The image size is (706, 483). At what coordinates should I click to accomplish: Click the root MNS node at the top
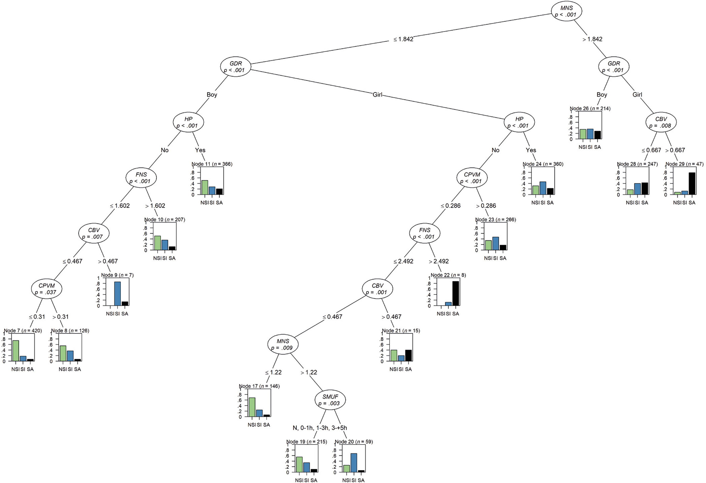pos(566,11)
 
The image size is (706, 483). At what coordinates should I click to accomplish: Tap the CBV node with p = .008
pos(661,122)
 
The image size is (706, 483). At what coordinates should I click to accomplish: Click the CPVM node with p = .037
pos(47,289)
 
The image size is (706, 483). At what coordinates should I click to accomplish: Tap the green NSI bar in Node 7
pos(15,351)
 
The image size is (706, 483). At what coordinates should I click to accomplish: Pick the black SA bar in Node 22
pos(456,293)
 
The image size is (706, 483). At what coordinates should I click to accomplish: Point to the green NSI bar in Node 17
pos(252,407)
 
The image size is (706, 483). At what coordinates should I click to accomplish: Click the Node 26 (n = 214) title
pos(590,109)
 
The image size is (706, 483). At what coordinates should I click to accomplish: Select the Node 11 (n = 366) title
pos(212,164)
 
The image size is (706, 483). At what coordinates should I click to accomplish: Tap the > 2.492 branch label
pos(439,261)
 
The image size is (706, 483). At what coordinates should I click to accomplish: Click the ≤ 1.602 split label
pos(120,206)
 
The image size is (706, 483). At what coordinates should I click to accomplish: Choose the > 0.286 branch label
pos(486,206)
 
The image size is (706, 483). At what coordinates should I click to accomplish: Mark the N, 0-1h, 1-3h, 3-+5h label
pos(320,428)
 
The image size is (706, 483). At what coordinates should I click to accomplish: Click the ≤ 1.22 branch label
pos(273,372)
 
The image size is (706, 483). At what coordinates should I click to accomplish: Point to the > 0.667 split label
pos(675,150)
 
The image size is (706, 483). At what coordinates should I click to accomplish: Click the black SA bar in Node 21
pos(408,356)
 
